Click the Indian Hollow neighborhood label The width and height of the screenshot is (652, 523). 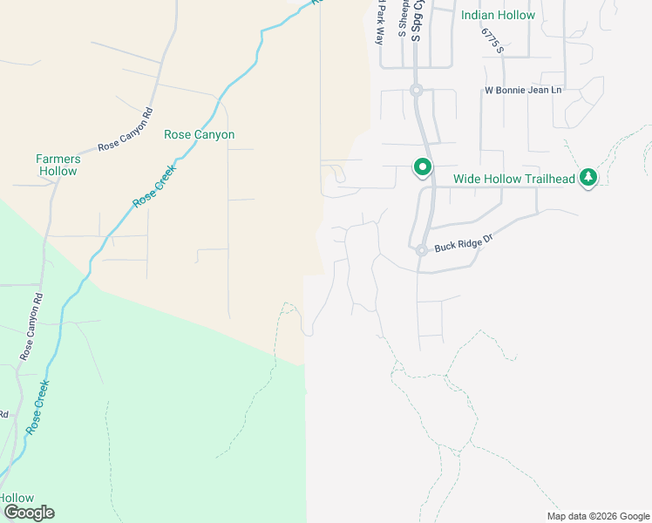point(498,15)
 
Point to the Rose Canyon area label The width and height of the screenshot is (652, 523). point(199,135)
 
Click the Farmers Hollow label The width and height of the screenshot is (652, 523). point(58,165)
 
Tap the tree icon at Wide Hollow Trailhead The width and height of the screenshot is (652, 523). point(589,178)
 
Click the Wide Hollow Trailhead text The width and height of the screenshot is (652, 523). point(513,180)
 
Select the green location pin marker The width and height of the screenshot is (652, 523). point(423,166)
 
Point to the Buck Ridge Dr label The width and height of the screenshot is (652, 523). point(464,247)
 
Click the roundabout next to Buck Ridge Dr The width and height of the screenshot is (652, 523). point(420,250)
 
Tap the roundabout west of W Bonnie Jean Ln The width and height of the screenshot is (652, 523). point(417,90)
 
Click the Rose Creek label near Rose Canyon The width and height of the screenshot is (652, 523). point(153,187)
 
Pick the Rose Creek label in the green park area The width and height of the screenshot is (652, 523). point(39,408)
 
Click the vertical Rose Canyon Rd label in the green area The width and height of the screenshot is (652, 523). point(31,328)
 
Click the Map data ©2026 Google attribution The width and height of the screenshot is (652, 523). point(599,516)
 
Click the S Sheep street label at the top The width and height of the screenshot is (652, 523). point(402,18)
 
